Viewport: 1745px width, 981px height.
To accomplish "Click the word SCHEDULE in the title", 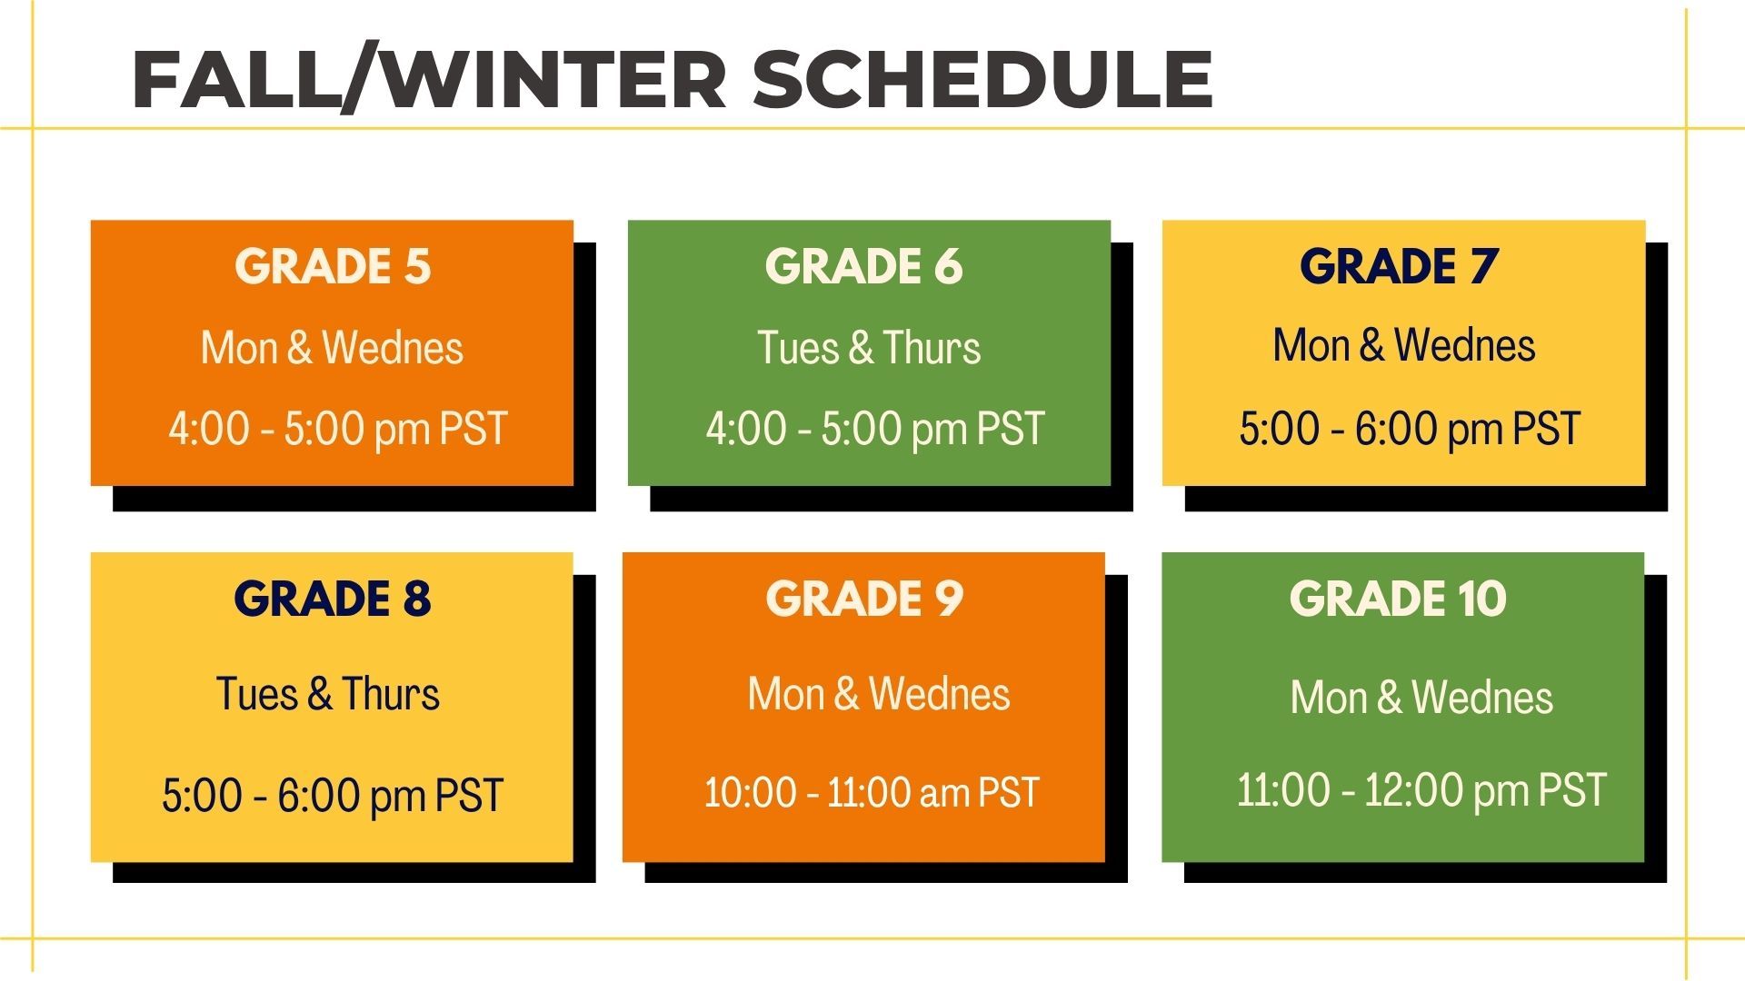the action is tap(982, 79).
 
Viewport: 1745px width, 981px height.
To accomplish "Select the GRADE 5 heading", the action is tap(333, 266).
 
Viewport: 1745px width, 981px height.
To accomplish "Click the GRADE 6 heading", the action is tap(863, 266).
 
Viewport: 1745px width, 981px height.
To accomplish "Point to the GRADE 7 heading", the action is tap(1399, 266).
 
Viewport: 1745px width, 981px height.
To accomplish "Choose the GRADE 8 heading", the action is tap(333, 599).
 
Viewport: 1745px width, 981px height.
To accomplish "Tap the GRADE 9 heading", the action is tap(864, 599).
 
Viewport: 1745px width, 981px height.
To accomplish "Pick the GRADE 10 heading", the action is tap(1398, 599).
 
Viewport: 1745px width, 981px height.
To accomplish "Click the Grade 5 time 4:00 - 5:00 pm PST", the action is tap(337, 429).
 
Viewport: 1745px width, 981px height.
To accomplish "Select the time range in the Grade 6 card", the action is tap(875, 429).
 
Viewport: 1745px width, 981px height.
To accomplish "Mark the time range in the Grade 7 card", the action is tap(1410, 429).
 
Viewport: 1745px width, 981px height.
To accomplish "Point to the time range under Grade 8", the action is tap(333, 796).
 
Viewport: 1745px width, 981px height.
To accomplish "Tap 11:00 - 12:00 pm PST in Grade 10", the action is tap(1421, 790).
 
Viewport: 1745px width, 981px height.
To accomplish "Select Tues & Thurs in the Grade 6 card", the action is tap(870, 348).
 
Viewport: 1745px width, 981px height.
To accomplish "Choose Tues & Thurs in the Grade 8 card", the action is tap(328, 694).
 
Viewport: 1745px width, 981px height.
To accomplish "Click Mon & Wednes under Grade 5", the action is tap(332, 348).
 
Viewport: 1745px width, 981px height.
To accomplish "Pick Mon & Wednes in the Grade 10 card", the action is tap(1421, 698).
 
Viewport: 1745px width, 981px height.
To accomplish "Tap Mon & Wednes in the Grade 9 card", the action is tap(879, 694).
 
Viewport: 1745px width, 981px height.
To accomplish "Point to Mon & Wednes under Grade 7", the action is tap(1404, 345).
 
